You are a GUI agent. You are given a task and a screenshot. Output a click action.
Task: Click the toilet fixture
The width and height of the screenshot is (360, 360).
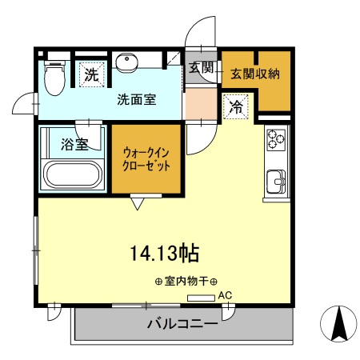[x=54, y=78]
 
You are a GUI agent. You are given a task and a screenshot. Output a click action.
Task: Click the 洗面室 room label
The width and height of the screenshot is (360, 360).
[x=136, y=100]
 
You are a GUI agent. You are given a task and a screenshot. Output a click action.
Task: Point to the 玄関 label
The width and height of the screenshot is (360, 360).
[x=200, y=69]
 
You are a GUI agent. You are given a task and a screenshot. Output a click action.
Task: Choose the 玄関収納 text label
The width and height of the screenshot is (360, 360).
[x=255, y=74]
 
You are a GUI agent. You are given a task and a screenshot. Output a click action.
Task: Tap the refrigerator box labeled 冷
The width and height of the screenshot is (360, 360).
[x=236, y=106]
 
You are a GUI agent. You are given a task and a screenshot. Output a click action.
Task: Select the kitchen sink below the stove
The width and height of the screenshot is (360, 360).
[x=277, y=181]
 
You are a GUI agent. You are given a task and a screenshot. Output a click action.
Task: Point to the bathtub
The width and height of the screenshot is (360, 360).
[x=72, y=174]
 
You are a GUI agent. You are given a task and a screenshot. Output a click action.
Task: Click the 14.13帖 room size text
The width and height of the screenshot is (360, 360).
[x=165, y=254]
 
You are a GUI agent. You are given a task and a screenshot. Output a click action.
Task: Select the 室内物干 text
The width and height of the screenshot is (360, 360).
[x=180, y=282]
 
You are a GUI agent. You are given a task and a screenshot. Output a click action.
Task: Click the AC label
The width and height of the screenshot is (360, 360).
[x=225, y=296]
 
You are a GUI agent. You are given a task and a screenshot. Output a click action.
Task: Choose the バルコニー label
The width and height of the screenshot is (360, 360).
[x=182, y=325]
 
